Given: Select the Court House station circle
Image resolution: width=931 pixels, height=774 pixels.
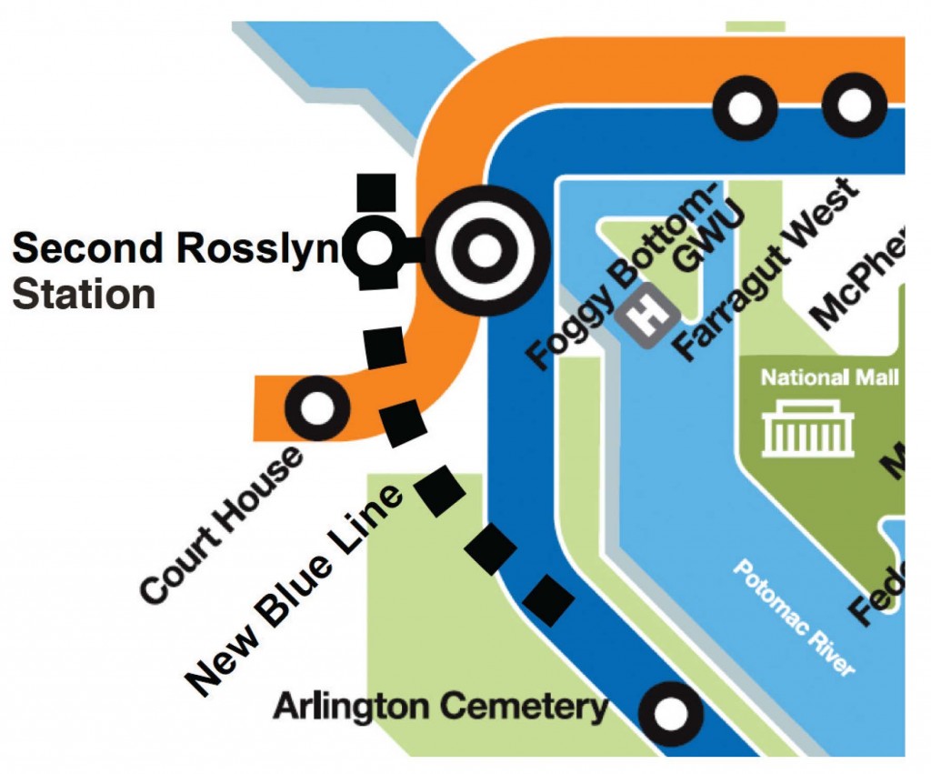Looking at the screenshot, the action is pyautogui.click(x=317, y=408).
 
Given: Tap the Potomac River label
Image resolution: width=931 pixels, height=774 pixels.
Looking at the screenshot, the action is pyautogui.click(x=793, y=618).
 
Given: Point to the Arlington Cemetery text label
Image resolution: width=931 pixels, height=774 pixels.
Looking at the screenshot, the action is pyautogui.click(x=440, y=706).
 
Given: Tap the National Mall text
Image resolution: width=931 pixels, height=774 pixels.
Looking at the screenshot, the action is pyautogui.click(x=829, y=377).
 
